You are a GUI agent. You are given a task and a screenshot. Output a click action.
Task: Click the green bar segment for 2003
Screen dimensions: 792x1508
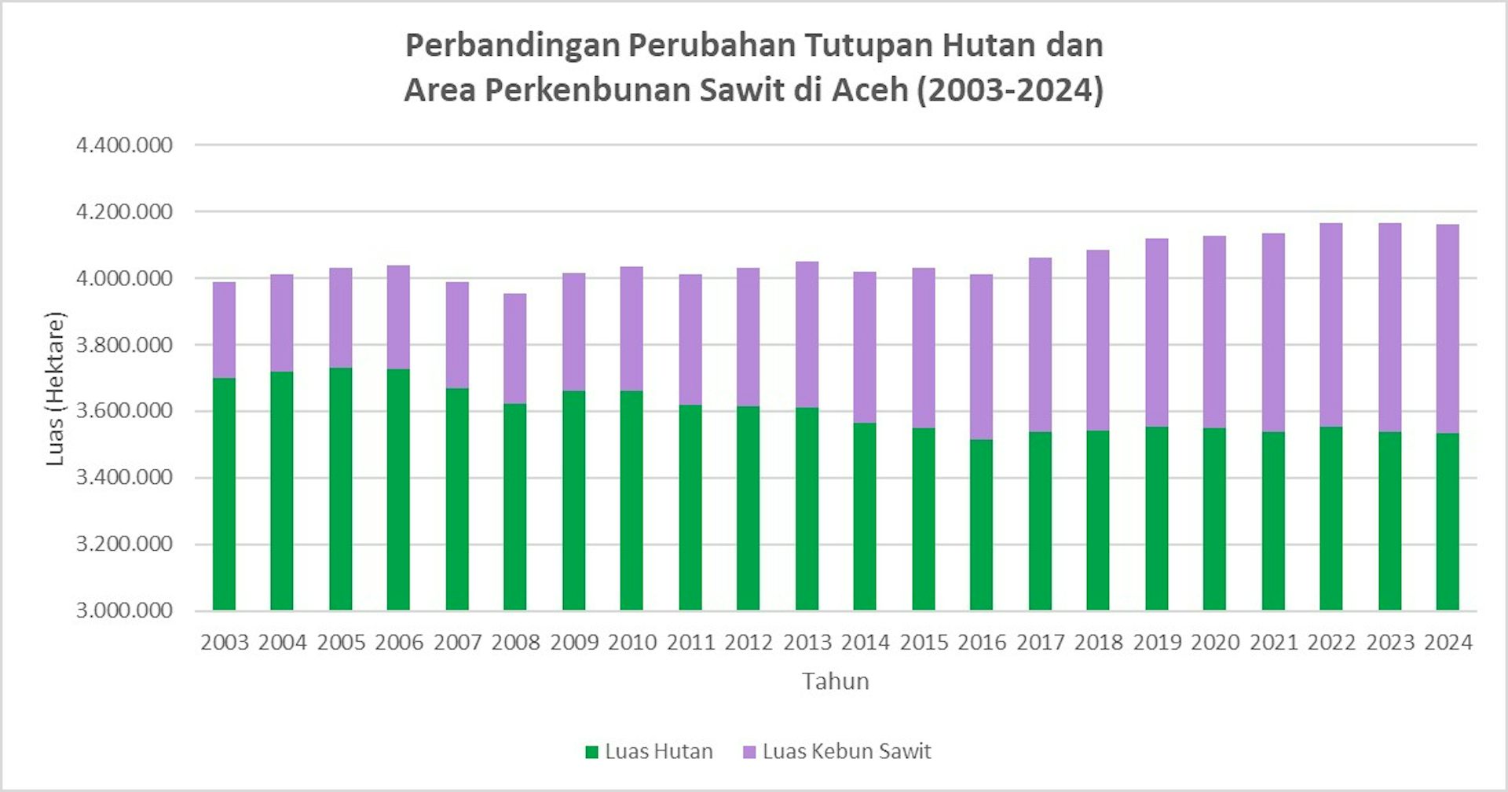pyautogui.click(x=224, y=495)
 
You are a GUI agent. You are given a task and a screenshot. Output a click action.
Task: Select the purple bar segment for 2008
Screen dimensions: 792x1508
pyautogui.click(x=515, y=349)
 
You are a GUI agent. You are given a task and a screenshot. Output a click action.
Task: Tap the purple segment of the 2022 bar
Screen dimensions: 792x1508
pyautogui.click(x=1331, y=325)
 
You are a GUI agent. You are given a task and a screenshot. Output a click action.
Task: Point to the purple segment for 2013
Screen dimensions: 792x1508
pyautogui.click(x=807, y=335)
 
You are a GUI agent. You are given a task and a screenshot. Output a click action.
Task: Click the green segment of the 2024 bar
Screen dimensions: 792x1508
pyautogui.click(x=1448, y=522)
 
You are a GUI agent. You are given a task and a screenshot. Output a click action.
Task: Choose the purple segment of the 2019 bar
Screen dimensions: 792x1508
pyautogui.click(x=1156, y=333)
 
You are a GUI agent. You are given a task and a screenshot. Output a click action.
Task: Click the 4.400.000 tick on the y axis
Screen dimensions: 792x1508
pyautogui.click(x=124, y=145)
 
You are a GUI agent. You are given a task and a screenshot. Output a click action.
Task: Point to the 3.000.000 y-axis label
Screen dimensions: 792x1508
pyautogui.click(x=124, y=610)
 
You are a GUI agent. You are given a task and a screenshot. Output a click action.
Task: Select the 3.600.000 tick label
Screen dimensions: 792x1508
pyautogui.click(x=124, y=411)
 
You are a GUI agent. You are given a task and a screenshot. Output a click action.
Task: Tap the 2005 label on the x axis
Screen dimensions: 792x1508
pyautogui.click(x=341, y=643)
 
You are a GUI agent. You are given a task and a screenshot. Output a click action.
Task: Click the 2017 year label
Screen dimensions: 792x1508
pyautogui.click(x=1040, y=643)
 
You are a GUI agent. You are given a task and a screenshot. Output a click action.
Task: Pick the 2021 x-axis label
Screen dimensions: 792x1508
pyautogui.click(x=1273, y=643)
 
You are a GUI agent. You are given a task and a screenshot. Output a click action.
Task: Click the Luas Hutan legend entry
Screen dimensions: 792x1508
pyautogui.click(x=658, y=752)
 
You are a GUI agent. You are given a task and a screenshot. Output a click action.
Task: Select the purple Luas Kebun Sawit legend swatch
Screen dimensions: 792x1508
pyautogui.click(x=749, y=752)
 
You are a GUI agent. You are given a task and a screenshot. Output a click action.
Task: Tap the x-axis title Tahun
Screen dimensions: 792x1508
pyautogui.click(x=835, y=681)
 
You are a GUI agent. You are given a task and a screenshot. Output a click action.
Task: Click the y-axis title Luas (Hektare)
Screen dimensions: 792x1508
pyautogui.click(x=54, y=389)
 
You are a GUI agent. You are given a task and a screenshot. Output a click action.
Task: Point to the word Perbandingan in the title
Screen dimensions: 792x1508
pyautogui.click(x=511, y=45)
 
